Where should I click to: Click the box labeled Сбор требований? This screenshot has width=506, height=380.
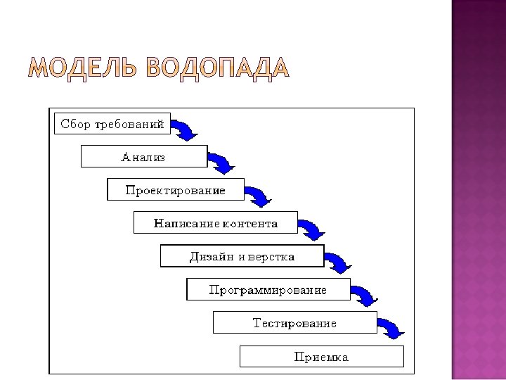point(112,125)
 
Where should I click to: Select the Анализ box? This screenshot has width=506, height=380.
point(144,156)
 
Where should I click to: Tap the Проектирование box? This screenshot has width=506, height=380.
point(175,190)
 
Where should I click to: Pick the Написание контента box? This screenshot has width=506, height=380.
point(215,223)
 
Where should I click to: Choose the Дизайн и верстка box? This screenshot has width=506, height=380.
point(242,256)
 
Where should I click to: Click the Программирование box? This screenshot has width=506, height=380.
point(268,289)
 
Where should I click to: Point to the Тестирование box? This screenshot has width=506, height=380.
point(294,323)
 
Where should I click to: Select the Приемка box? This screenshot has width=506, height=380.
point(321,357)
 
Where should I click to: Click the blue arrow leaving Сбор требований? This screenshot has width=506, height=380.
point(186,129)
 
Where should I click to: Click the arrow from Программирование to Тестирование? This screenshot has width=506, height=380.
point(365,295)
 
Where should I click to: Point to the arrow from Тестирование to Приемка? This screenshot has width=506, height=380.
point(391,328)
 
